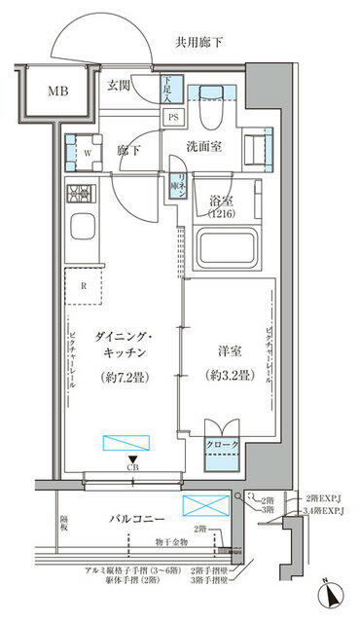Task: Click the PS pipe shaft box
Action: (173, 117)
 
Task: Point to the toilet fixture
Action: (209, 114)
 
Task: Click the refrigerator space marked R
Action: (84, 285)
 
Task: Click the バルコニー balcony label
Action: (137, 519)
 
